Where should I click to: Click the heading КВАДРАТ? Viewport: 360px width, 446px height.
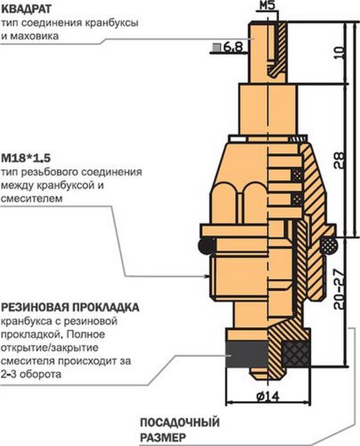pyautogui.click(x=26, y=9)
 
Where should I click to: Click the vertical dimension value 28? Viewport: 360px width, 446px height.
pyautogui.click(x=338, y=159)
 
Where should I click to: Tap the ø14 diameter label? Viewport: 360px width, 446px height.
pyautogui.click(x=266, y=397)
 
